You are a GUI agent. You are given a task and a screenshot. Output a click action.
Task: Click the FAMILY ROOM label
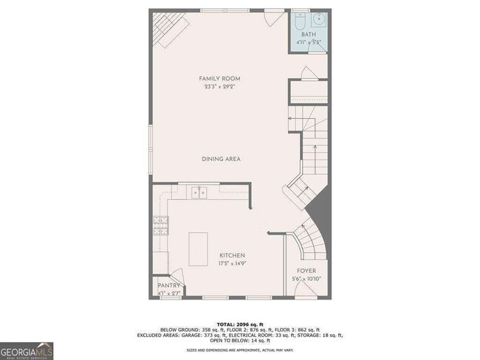(219, 78)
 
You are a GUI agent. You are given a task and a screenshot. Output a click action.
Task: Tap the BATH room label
(309, 35)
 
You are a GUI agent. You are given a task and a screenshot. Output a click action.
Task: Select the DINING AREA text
(222, 159)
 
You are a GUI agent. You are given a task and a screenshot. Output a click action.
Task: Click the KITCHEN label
(232, 255)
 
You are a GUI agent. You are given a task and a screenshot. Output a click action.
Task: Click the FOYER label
(306, 270)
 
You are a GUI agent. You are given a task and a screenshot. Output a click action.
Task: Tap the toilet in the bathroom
(298, 19)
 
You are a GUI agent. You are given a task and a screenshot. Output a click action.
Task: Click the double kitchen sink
(199, 193)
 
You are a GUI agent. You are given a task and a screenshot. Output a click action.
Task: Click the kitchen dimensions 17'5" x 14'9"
(232, 263)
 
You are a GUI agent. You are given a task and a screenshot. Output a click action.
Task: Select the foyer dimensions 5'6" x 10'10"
(306, 278)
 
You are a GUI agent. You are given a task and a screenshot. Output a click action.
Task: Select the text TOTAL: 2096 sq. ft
(239, 323)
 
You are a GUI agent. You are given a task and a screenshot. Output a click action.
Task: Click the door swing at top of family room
(272, 16)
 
